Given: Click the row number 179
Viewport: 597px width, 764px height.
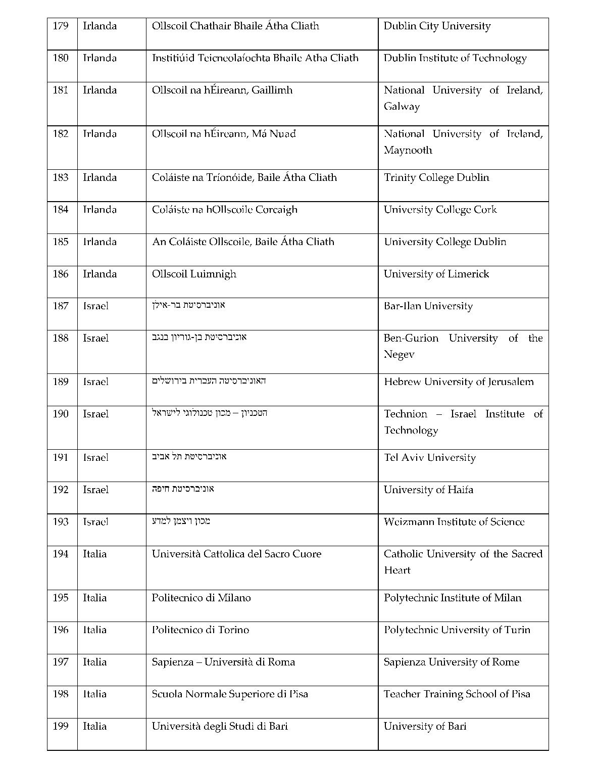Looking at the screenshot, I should coord(61,26).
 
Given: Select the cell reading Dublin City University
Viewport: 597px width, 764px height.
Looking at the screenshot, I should coord(437,26).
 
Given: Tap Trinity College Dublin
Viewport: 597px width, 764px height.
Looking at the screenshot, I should coord(436,177).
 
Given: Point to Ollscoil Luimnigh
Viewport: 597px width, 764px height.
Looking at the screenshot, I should coord(194,274).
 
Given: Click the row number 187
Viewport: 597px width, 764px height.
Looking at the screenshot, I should coord(61,306).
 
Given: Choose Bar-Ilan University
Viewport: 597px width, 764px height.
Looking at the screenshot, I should coord(428,306).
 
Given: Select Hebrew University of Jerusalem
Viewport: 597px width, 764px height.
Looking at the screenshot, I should coord(459,381).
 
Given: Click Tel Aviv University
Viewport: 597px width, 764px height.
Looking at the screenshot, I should coord(429,457).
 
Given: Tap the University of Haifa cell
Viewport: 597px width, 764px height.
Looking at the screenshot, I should coord(428,490).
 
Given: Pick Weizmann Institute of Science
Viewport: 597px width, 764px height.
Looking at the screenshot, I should coord(454,521).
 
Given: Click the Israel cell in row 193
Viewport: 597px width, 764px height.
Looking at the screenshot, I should coord(95,521).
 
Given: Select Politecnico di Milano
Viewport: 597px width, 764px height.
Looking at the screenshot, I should coord(201,598).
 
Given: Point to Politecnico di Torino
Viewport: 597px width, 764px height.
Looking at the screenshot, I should coord(200,630).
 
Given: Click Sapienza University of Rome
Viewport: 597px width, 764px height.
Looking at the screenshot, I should coord(451,662).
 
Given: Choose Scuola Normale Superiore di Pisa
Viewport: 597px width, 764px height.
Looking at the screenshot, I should coord(230,694).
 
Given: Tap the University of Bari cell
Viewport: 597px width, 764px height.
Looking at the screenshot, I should coord(425,726).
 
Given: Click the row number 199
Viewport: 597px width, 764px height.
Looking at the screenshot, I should coord(61,726).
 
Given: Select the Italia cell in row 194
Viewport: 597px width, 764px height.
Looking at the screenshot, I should coord(95,554).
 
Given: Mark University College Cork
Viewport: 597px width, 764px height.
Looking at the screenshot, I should coord(440,210).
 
